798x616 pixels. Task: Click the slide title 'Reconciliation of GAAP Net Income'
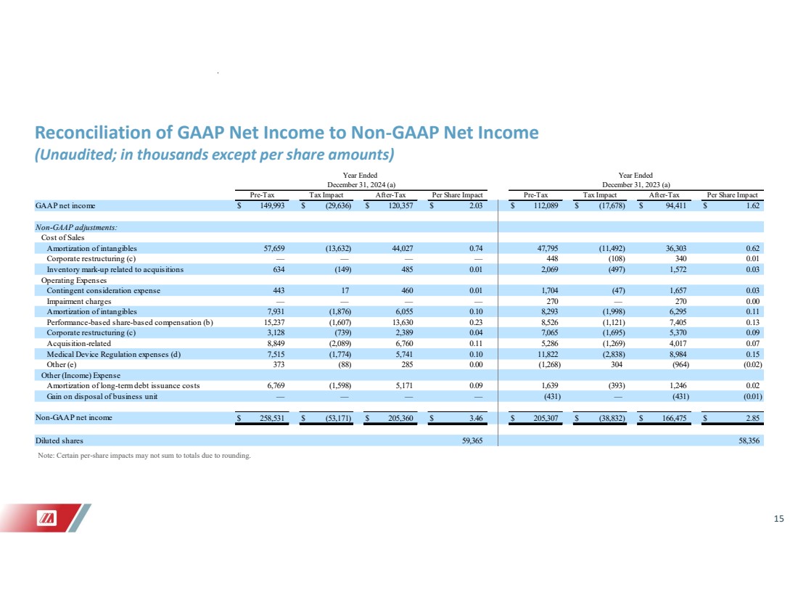[287, 133]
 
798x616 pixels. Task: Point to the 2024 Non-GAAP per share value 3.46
[475, 419]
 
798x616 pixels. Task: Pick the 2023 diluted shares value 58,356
[749, 440]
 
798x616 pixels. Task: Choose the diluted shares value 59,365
[474, 440]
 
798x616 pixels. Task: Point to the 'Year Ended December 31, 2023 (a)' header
[635, 180]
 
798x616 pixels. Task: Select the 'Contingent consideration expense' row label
[104, 290]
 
